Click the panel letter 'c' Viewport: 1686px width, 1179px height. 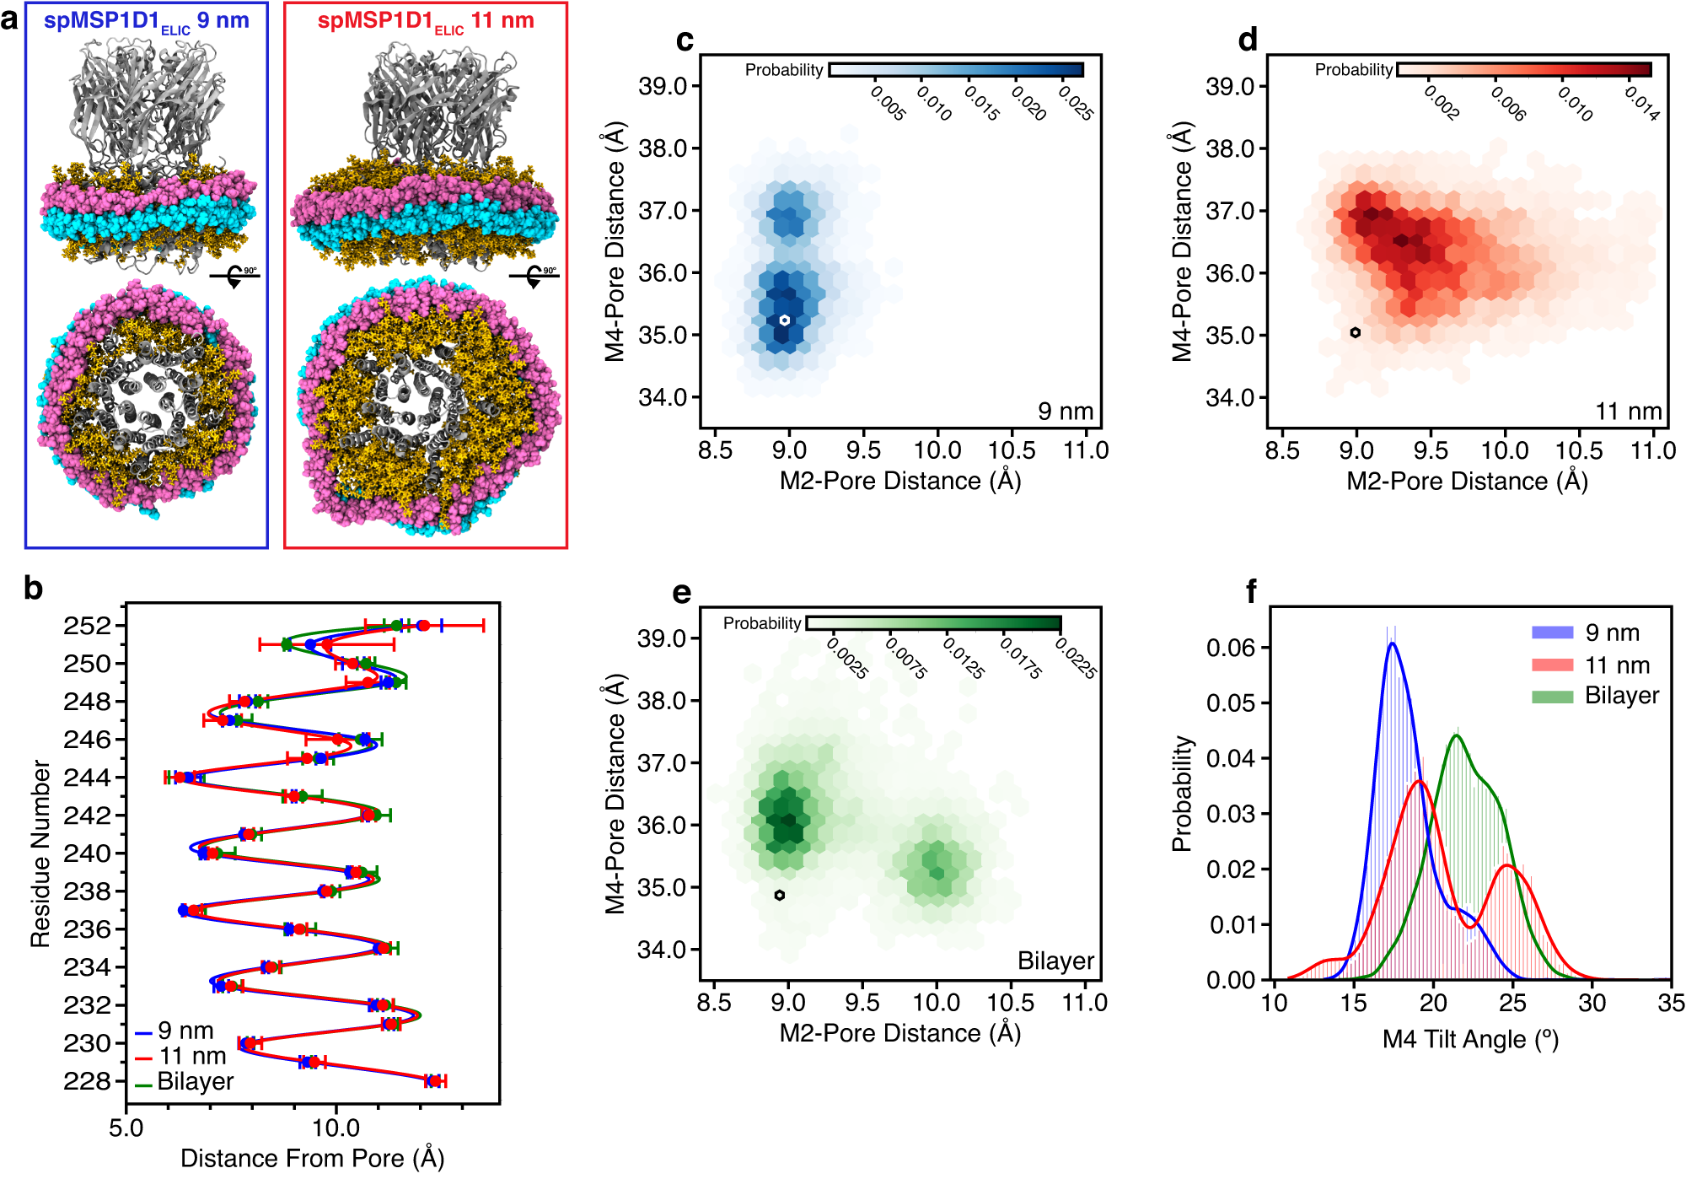tap(685, 40)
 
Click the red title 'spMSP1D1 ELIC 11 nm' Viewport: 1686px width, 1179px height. tap(426, 21)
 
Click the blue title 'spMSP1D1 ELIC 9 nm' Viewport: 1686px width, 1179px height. tap(147, 21)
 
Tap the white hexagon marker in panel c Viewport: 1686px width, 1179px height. tap(784, 320)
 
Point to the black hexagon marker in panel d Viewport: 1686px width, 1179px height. tap(1355, 332)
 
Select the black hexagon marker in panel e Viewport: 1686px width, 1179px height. tap(780, 895)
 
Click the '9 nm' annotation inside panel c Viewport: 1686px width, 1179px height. tap(1065, 412)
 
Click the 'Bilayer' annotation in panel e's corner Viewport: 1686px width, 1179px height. tap(1055, 961)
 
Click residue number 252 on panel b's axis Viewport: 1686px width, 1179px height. tap(87, 626)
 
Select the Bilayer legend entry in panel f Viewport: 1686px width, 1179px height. tap(1621, 696)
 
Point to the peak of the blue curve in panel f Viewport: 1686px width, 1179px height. tap(1392, 644)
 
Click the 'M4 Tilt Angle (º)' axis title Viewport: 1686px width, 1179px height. tap(1470, 1039)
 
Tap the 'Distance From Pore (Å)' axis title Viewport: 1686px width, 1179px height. tap(312, 1158)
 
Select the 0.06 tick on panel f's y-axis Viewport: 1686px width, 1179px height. tap(1230, 648)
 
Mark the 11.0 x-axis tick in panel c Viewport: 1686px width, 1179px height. tap(1085, 450)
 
